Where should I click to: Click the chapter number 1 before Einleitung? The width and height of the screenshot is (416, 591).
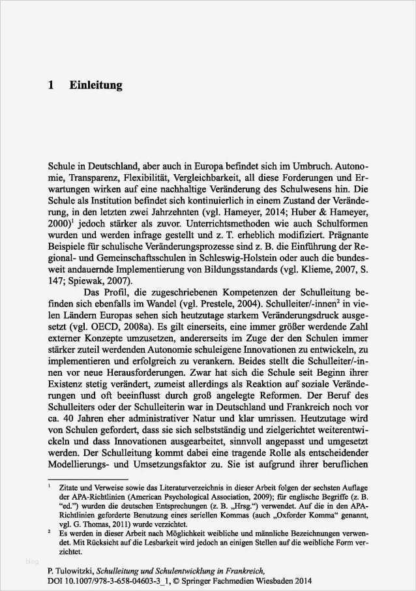(x=51, y=85)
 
